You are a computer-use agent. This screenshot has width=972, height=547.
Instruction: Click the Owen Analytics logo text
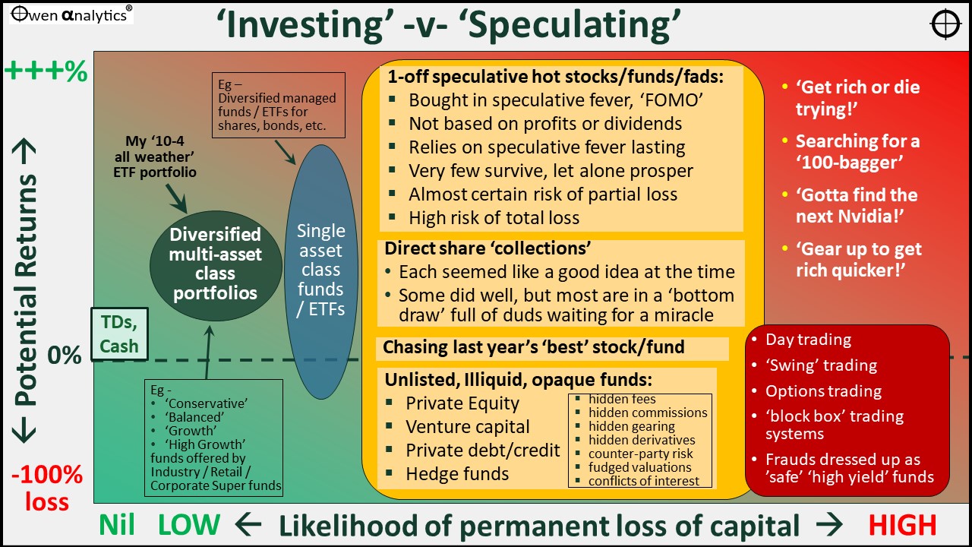(71, 14)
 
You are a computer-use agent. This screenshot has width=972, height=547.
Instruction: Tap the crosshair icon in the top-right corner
(945, 24)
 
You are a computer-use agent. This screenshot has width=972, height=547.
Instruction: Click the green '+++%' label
(46, 71)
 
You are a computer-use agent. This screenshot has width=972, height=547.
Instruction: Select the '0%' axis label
(65, 355)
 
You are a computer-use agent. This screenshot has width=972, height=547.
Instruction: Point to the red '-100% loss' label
(47, 488)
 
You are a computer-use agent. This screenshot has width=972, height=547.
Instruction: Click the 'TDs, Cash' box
(119, 334)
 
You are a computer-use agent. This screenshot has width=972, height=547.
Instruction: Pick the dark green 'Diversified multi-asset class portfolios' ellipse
(216, 265)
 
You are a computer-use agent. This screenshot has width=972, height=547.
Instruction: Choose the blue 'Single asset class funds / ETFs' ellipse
(321, 271)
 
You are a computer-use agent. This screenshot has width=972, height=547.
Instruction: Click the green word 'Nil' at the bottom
(117, 525)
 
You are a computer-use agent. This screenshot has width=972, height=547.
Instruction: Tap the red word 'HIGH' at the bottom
(902, 525)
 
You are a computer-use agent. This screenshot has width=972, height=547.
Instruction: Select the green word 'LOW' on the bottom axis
(189, 525)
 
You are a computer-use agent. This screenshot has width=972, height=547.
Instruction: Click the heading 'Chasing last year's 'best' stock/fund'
(534, 347)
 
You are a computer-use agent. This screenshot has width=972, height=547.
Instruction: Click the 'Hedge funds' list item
(457, 473)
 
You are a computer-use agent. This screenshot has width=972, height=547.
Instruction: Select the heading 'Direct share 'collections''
(488, 248)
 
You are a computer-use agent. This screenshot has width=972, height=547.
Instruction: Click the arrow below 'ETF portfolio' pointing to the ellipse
(176, 199)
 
